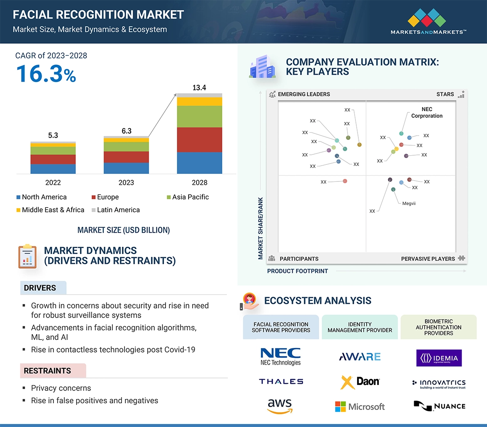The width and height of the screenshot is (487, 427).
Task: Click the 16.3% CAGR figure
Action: coord(46,74)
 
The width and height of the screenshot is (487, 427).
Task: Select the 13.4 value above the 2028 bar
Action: coord(199,88)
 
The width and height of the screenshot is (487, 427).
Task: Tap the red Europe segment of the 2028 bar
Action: coord(199,140)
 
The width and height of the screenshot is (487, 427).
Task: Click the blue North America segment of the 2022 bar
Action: coord(53,169)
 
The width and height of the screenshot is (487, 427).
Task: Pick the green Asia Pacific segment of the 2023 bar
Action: coord(126,146)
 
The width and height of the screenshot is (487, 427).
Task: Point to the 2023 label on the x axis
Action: coord(126,183)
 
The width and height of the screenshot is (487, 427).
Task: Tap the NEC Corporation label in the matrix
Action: coord(427,113)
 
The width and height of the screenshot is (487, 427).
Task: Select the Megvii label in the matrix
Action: coord(409,204)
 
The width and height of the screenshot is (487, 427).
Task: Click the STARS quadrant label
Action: coord(445,94)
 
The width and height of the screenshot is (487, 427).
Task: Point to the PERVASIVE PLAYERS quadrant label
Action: coord(428,259)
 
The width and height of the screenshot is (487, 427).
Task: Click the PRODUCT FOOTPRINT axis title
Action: coord(298,271)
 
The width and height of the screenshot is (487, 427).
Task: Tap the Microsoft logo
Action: coord(360,407)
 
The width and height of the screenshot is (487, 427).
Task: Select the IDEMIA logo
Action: coord(439,358)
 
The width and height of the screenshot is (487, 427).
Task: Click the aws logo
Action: coord(280,406)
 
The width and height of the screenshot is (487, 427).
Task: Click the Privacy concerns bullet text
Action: coord(61,388)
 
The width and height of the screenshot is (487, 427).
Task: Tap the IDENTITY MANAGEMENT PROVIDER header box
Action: coord(360,327)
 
